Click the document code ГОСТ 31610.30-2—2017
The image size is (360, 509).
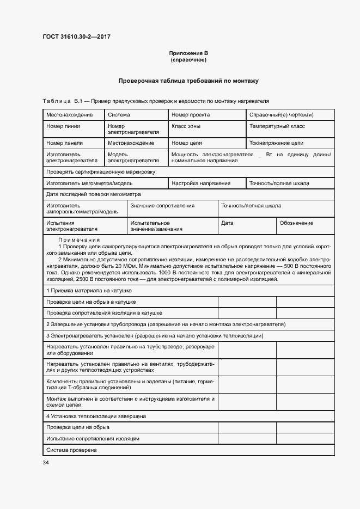tap(77, 37)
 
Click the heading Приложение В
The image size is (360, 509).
tap(188, 53)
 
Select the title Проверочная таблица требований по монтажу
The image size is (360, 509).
tap(188, 81)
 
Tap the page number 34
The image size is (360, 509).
tap(46, 462)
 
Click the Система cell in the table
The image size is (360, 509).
tap(119, 115)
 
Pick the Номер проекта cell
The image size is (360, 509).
tap(191, 115)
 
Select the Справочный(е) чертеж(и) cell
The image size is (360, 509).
tap(281, 115)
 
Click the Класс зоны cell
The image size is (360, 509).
tap(186, 126)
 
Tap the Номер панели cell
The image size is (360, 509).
tap(64, 143)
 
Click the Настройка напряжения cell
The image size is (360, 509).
tap(201, 183)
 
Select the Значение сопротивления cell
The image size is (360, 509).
tap(162, 206)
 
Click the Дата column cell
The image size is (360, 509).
tap(227, 223)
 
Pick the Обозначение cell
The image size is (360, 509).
tap(296, 223)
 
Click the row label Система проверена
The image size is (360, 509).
tap(71, 450)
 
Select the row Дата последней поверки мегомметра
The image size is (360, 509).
tap(93, 194)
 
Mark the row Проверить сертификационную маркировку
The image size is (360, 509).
tap(101, 172)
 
